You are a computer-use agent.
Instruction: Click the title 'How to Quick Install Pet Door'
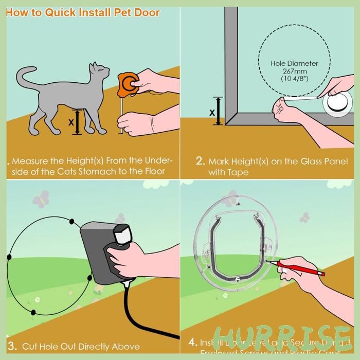82,12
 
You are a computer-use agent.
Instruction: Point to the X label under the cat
71,122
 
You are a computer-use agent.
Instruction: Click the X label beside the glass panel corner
211,112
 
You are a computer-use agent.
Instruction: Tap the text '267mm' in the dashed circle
295,71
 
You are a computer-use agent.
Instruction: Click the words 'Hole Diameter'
295,64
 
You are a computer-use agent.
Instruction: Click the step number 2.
201,161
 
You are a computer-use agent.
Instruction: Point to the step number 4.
192,342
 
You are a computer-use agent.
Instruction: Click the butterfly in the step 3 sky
40,199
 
